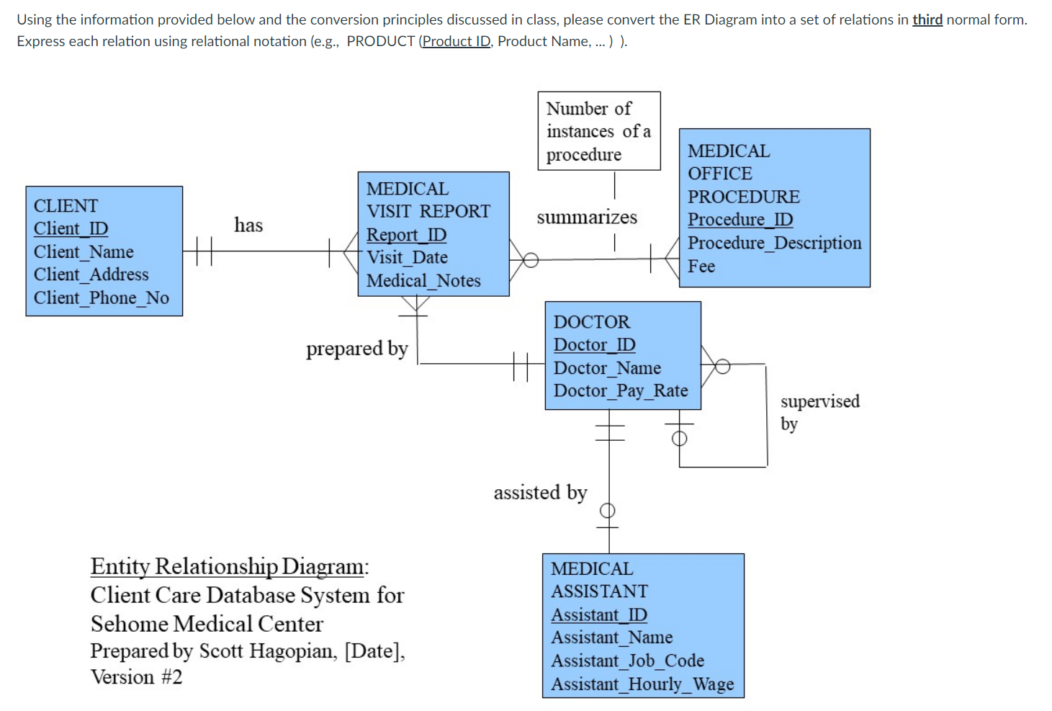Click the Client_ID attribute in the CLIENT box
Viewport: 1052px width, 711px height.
coord(71,228)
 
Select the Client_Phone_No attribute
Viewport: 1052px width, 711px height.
coord(101,298)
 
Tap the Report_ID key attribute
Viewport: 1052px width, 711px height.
coord(406,235)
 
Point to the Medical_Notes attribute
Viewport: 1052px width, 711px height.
coord(423,281)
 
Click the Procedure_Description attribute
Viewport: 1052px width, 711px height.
coord(774,243)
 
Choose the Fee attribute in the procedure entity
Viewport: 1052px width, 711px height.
coord(701,267)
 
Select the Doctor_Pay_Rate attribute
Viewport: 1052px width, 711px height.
coord(620,390)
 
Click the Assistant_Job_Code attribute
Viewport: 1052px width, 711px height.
coord(627,661)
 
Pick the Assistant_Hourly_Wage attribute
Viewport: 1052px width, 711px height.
coord(642,684)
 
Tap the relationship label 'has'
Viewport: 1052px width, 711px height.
coord(248,225)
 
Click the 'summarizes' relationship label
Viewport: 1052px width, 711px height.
coord(587,218)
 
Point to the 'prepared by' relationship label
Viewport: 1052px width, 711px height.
coord(356,349)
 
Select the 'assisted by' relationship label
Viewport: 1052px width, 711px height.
coord(540,493)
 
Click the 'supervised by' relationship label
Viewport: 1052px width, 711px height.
coord(819,411)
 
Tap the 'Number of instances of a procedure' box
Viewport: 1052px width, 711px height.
coord(598,131)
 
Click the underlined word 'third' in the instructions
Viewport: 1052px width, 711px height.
coord(927,19)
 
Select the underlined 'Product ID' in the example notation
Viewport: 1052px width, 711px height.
coord(456,41)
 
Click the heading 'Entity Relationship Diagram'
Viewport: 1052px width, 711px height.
coord(228,566)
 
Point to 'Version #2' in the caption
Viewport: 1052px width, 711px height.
coord(136,677)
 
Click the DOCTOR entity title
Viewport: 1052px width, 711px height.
coord(591,322)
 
